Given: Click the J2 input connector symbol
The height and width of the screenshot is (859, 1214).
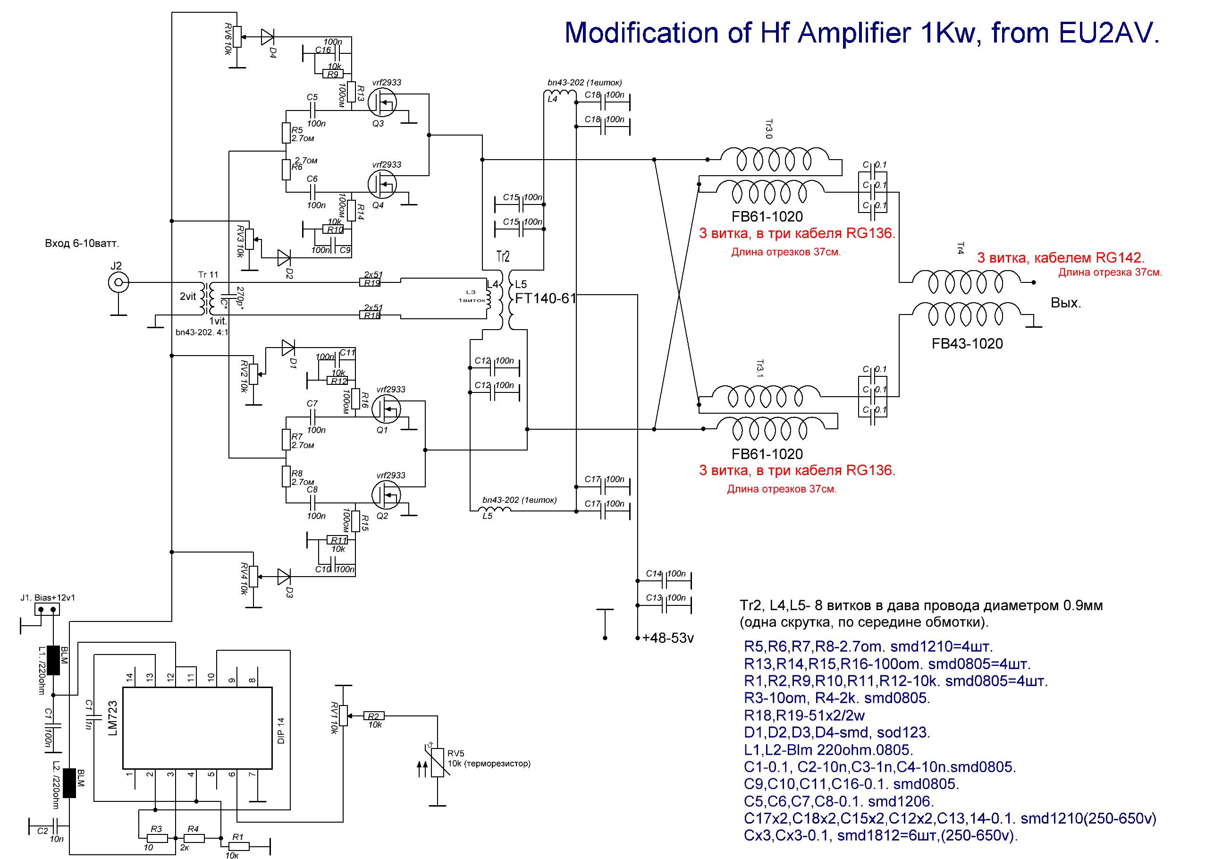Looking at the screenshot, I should point(118,282).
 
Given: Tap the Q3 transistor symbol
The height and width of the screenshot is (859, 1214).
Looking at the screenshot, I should point(382,102).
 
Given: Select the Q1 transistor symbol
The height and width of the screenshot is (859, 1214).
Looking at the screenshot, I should point(386,409).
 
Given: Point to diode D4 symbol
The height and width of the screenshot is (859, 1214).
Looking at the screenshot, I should point(268,37).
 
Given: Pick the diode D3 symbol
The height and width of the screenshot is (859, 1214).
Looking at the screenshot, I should point(284,577).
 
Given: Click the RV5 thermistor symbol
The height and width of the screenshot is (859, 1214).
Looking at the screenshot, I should point(437,762).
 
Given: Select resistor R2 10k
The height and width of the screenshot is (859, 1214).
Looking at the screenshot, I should point(374,716).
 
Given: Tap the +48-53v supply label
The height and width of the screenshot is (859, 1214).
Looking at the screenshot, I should point(667,638).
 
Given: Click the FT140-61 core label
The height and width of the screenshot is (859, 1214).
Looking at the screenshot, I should point(545,299).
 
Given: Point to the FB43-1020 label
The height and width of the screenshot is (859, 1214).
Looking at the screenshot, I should point(967,344).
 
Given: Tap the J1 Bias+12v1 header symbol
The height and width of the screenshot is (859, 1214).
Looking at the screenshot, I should point(47,609).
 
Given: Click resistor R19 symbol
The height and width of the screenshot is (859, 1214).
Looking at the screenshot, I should point(372,283).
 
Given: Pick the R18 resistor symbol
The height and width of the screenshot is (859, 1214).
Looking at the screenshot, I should point(372,316).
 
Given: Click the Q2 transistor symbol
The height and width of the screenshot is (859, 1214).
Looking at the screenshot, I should point(386,495).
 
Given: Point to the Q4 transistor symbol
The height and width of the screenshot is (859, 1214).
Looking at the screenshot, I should point(382,184).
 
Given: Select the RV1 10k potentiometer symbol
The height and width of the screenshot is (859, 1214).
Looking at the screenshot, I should point(343,715).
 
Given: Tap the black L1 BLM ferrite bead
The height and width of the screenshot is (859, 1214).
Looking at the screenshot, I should point(53,660).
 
